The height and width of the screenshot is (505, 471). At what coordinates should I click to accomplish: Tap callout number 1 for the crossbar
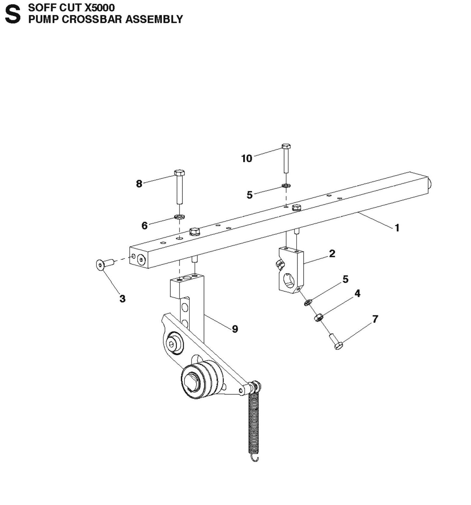point(397,228)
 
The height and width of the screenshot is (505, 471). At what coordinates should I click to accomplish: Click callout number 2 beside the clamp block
point(332,253)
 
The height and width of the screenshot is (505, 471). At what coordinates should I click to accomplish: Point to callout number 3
point(122,298)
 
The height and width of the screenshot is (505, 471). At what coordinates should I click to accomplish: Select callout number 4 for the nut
point(357,293)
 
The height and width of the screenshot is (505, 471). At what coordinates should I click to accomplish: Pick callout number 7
point(375,319)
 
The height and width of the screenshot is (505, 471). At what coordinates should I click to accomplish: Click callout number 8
point(139,184)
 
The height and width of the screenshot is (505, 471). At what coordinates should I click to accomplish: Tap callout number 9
point(235,329)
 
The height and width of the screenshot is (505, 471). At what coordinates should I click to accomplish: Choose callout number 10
point(247,158)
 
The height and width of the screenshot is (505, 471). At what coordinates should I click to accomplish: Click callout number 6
point(144,225)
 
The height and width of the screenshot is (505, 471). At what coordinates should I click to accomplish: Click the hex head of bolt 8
point(179,172)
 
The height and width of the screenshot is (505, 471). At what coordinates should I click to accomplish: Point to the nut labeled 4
point(318,317)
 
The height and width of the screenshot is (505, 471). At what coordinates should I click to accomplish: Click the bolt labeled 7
point(336,342)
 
